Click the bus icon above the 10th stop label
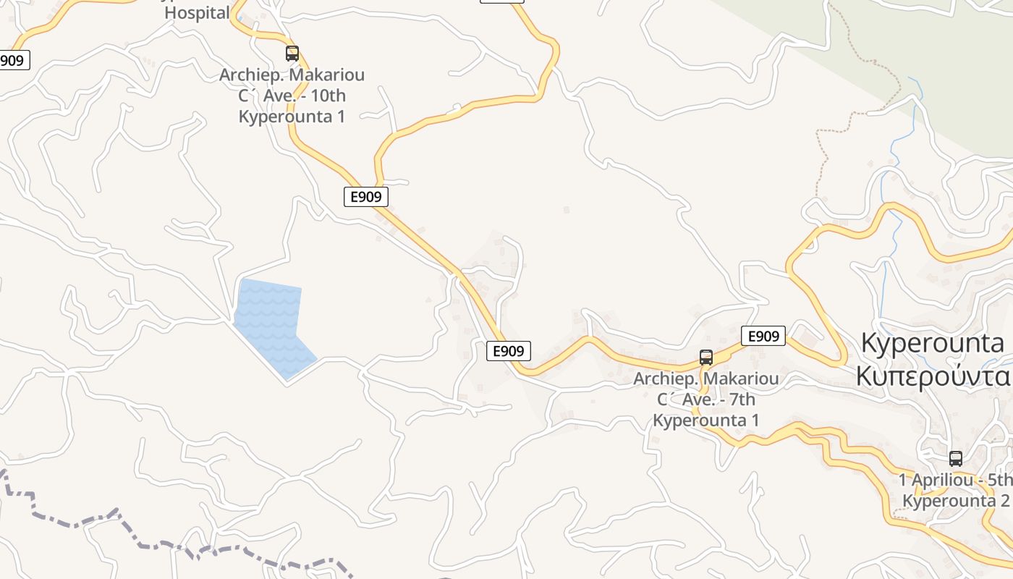(x=292, y=54)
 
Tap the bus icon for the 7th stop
(x=706, y=358)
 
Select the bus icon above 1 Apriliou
(x=956, y=459)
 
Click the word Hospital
(x=197, y=12)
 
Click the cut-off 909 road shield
(x=12, y=60)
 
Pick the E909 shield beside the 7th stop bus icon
(x=763, y=336)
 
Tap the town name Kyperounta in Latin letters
(x=933, y=343)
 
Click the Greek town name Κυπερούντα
(x=933, y=376)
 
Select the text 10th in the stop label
(x=329, y=96)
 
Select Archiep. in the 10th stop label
(x=250, y=75)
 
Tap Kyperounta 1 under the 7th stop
(x=706, y=420)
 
